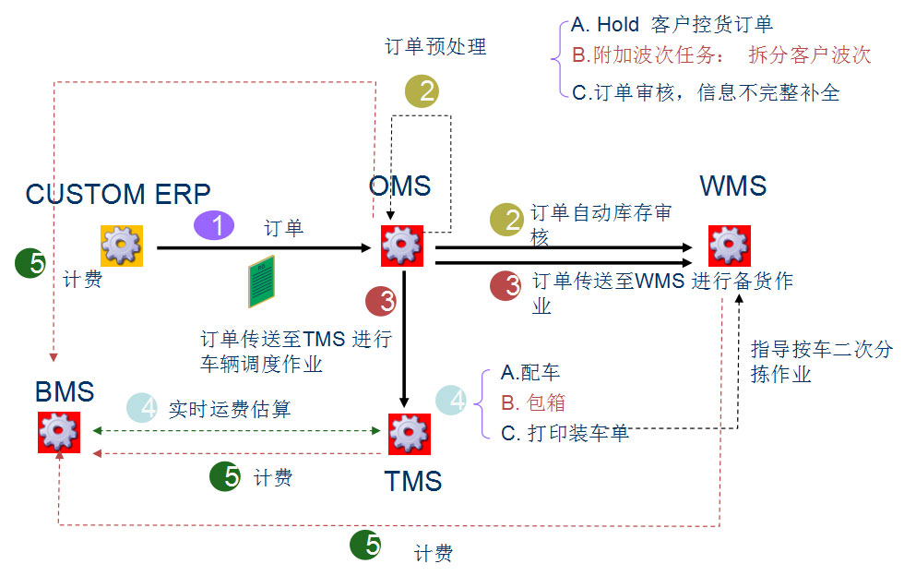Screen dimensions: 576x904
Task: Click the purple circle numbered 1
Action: coord(215,226)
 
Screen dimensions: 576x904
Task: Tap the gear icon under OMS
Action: coord(402,246)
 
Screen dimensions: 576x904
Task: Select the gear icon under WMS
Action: coord(729,246)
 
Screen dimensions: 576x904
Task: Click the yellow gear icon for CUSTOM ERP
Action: coord(121,245)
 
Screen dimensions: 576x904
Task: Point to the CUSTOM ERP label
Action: coord(118,194)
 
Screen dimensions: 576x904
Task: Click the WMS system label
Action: coord(733,186)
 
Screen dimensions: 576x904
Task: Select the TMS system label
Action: coord(413,481)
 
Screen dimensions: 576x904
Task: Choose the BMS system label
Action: coord(65,391)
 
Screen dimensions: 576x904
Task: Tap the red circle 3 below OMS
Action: coord(381,301)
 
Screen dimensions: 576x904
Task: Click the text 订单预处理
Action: coord(435,46)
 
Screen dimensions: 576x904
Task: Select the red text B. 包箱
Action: coord(533,402)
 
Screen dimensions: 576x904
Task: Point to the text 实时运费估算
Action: coord(230,408)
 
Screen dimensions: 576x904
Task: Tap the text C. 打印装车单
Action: coord(565,432)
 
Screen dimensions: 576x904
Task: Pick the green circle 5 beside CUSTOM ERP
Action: coord(32,264)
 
